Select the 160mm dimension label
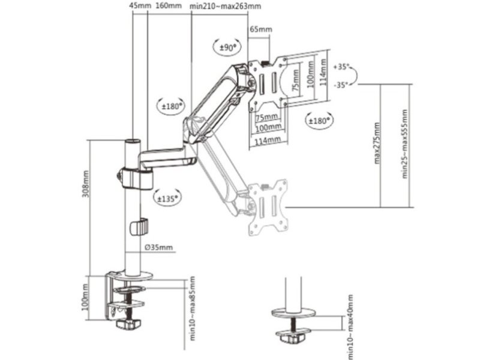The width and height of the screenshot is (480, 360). tap(169, 5)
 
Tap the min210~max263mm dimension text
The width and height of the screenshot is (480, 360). tap(226, 6)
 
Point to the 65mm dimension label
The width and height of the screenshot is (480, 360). tap(261, 29)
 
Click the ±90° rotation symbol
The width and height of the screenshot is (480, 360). tap(227, 47)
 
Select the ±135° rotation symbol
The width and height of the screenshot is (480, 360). tap(167, 197)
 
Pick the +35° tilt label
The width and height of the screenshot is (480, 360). tap(341, 67)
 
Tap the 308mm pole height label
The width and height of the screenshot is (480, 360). tap(86, 184)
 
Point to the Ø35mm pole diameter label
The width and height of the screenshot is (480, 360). tap(158, 247)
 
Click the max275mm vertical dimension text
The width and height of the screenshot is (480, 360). tap(377, 143)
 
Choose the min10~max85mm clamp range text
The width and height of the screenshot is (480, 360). tap(192, 308)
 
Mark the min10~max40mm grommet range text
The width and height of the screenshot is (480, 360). tap(350, 326)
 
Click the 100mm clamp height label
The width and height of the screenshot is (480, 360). tap(86, 297)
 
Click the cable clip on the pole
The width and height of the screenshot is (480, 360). tap(139, 227)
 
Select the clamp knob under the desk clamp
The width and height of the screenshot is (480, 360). tap(128, 324)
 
